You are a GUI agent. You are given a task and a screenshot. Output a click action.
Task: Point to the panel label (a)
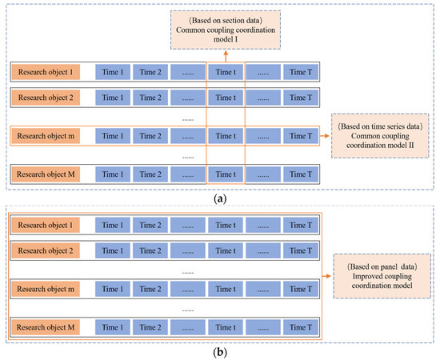pos(219,197)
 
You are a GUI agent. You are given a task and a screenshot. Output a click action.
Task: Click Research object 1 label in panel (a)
pos(44,72)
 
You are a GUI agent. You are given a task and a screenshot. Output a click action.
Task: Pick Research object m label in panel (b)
pos(44,286)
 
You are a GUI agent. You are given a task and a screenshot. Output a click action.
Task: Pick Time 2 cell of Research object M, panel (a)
pos(150,174)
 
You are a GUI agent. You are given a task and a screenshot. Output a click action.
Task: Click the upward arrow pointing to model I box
pos(226,54)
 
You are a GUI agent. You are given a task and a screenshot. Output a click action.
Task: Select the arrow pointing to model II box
pos(326,137)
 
